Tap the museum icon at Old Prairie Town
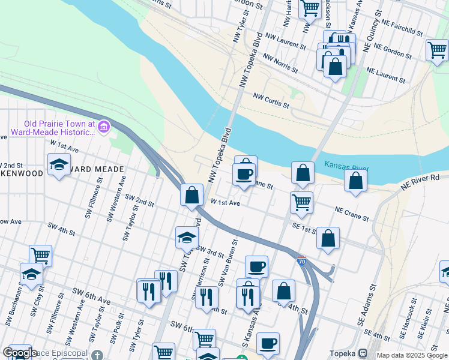coord(104,127)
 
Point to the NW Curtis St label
coord(271,100)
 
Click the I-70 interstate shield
coord(301,262)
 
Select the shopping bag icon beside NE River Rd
coord(356,180)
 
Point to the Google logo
coord(19,353)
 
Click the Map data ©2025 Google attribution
coord(412,355)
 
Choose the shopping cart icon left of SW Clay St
coord(41,255)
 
